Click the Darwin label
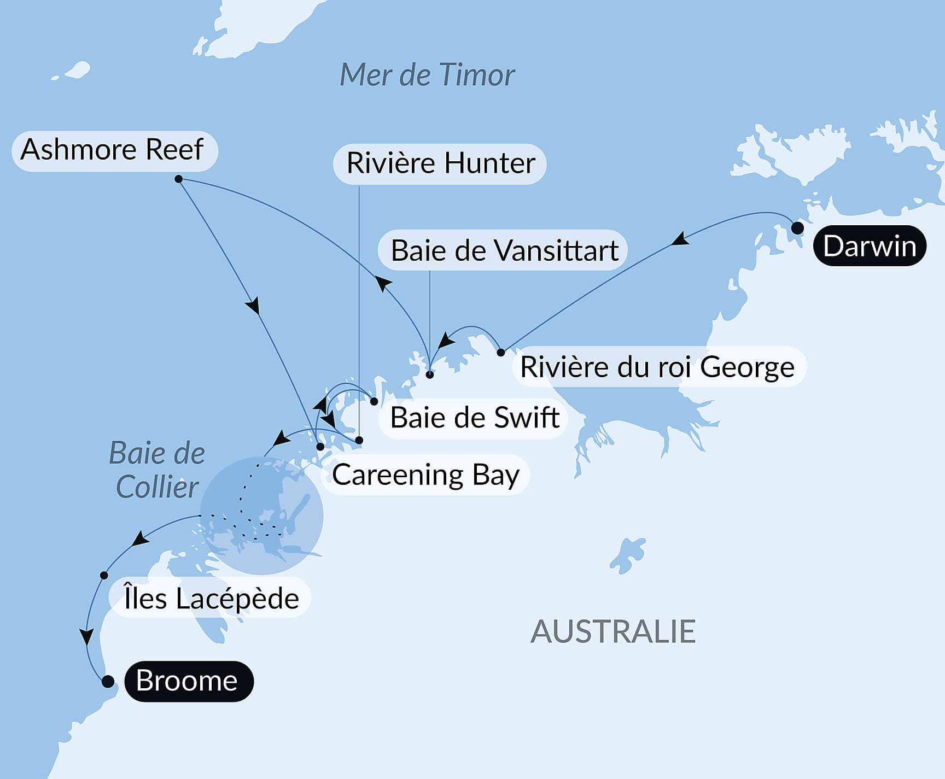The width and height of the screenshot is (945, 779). [x=870, y=246]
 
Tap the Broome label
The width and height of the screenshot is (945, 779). [x=188, y=681]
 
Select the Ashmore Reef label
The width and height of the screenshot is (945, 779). [x=113, y=150]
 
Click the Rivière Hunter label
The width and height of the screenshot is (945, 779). [x=440, y=163]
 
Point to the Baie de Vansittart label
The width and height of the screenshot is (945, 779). [x=504, y=251]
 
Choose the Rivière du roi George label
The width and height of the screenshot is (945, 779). [x=657, y=367]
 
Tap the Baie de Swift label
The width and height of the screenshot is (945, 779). [x=474, y=418]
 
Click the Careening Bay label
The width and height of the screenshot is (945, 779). [x=425, y=475]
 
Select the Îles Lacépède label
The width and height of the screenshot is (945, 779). [x=211, y=598]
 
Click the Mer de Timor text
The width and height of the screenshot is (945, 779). [x=427, y=75]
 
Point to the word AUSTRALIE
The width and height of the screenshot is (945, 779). [x=613, y=632]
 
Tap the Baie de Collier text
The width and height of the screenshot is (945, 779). [x=157, y=470]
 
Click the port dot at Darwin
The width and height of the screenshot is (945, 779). [x=797, y=228]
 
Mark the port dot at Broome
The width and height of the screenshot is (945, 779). [x=108, y=682]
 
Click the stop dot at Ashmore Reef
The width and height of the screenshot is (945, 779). [x=178, y=179]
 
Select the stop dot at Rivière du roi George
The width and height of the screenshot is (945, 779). [x=501, y=353]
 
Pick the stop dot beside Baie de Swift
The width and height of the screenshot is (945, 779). [x=374, y=401]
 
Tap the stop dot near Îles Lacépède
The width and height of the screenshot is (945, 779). [x=104, y=575]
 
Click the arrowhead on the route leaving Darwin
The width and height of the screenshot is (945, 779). [x=680, y=239]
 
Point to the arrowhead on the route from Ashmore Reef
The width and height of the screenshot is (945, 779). [x=253, y=306]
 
